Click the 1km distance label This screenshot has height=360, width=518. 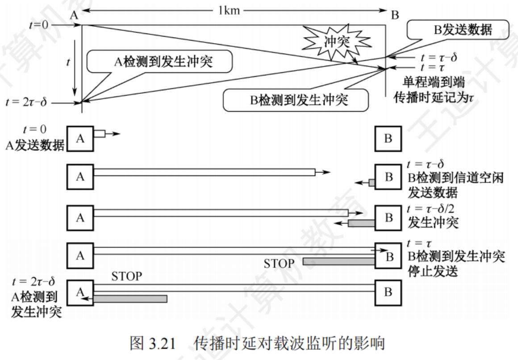click(x=229, y=10)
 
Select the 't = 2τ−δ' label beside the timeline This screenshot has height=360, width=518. click(x=26, y=103)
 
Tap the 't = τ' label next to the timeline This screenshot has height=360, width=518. click(x=434, y=68)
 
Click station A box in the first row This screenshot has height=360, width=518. click(x=80, y=138)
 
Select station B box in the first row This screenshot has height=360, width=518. click(x=388, y=138)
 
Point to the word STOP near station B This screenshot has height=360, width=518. click(x=280, y=263)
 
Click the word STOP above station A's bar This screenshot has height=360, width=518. click(x=127, y=276)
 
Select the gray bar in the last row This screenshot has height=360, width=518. click(x=130, y=298)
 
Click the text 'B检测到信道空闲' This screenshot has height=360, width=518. click(x=455, y=179)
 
